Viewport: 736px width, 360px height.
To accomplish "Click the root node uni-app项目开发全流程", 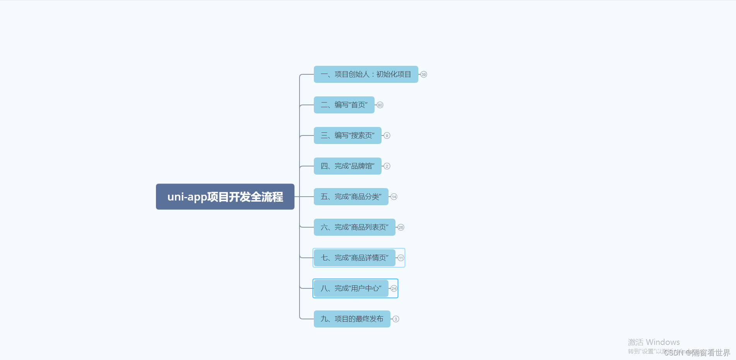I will pos(225,197).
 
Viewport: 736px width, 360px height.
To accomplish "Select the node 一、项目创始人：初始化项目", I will pos(366,74).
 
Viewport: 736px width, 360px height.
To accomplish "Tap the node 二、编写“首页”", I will pos(344,105).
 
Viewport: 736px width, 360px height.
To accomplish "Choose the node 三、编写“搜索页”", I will pos(347,135).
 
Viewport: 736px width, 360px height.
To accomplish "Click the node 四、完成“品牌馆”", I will pos(347,166).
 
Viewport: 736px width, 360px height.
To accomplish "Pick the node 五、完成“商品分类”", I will pos(351,197).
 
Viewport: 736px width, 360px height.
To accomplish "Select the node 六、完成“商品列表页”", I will pos(354,227).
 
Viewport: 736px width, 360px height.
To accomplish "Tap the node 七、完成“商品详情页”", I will pos(354,258).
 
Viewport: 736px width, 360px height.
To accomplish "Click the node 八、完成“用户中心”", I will pos(351,288).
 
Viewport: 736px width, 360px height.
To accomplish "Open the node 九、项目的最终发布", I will pos(352,319).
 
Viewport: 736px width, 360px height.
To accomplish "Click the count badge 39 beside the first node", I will pos(424,74).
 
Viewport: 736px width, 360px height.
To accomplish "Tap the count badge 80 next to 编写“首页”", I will pos(380,105).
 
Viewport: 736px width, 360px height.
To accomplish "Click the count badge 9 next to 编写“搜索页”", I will pos(387,135).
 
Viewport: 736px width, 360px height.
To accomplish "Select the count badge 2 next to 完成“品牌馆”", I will pos(387,166).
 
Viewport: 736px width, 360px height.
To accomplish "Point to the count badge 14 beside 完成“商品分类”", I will pos(394,197).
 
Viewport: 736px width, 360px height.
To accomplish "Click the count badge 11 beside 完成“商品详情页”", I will pos(401,258).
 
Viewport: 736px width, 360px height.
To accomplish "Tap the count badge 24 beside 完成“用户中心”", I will pos(394,288).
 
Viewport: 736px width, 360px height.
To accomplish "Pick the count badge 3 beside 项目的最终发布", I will pos(396,319).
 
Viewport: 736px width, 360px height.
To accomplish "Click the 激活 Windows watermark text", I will pos(654,342).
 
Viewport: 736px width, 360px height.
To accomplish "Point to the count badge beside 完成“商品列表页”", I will pos(401,227).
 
